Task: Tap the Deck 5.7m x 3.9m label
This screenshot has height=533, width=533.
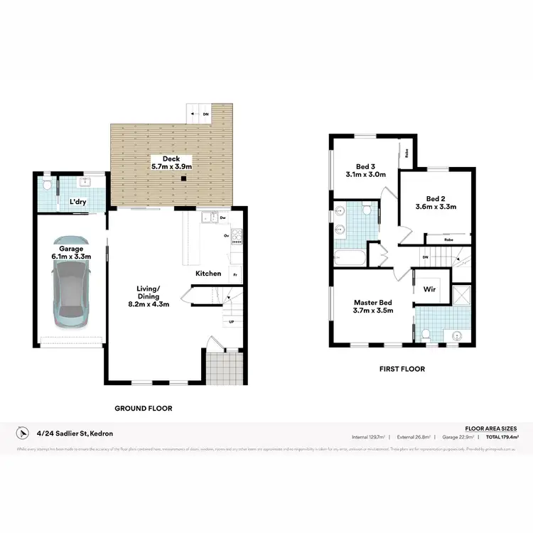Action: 171,163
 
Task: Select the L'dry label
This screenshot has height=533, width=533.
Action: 78,203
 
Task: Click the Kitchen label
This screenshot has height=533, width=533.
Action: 208,274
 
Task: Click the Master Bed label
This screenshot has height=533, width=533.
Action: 373,306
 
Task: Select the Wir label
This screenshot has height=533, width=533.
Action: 429,289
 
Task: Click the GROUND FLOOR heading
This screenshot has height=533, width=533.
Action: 144,409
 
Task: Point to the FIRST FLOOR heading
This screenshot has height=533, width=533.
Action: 402,369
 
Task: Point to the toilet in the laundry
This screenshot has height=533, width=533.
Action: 46,187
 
